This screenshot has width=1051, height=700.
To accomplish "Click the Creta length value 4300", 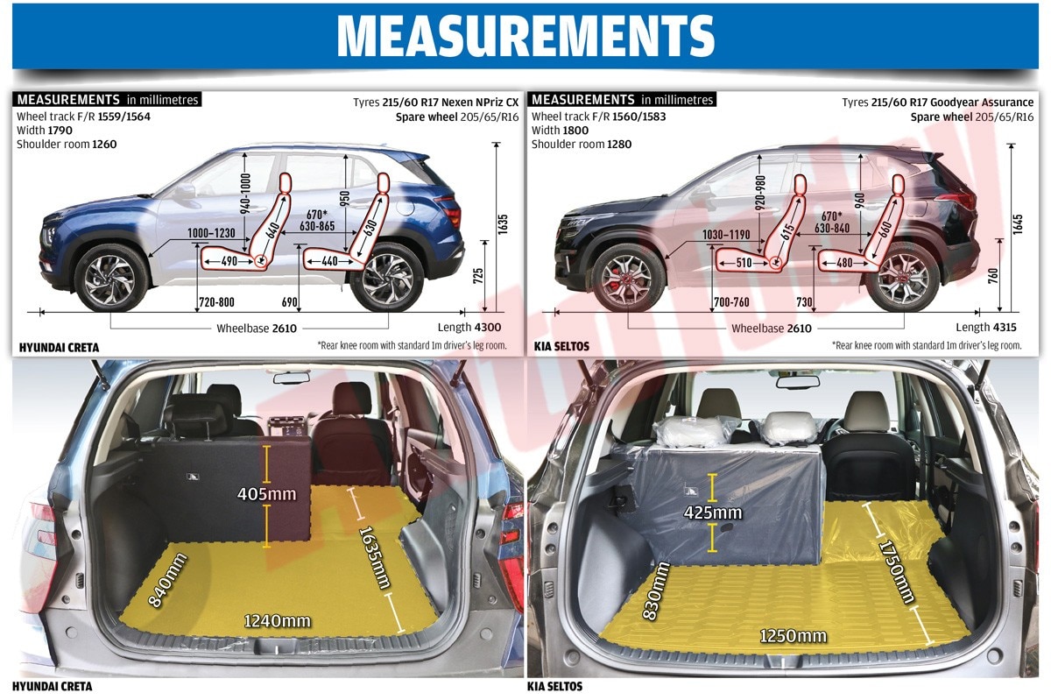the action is tap(488, 328).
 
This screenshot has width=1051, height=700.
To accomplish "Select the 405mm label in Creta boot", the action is tap(266, 494).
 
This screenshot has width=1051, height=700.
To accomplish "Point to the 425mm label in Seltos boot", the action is tap(713, 513).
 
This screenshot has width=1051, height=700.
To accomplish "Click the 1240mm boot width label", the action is tap(278, 621).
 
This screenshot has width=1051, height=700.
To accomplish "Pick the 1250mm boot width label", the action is tap(793, 636).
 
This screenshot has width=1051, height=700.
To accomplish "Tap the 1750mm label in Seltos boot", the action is tap(897, 572).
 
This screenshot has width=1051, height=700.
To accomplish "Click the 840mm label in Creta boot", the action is tap(167, 580).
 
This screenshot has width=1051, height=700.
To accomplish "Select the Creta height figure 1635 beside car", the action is tap(503, 224).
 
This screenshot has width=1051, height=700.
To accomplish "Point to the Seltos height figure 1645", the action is tap(1017, 224).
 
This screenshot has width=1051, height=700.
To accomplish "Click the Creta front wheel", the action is tap(111, 279).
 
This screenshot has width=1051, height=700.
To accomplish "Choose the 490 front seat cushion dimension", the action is tap(229, 261).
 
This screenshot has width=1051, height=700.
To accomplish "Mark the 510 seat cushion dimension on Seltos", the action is tap(744, 263).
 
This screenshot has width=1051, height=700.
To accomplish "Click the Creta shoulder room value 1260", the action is tap(104, 145).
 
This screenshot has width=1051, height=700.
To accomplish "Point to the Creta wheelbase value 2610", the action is tap(284, 329).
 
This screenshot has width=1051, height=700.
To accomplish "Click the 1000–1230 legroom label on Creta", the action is tap(211, 233).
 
